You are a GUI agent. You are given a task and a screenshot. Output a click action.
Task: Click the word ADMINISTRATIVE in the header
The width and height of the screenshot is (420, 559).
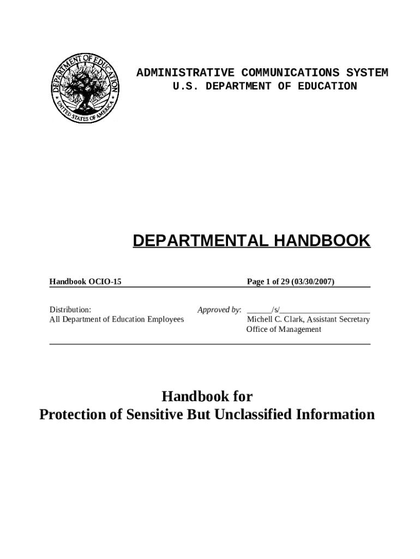[x=185, y=73]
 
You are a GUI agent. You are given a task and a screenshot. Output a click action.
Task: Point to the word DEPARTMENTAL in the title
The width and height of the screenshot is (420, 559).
[x=199, y=241]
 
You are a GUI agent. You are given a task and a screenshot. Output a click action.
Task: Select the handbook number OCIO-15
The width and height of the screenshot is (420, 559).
[x=104, y=282]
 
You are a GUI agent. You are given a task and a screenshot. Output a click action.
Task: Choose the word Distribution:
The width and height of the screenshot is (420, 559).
[x=70, y=310]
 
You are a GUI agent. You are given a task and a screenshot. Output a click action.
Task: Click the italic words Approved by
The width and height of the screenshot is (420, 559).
[x=219, y=310]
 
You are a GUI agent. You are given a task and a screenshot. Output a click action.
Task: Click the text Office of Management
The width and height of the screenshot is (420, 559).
[x=284, y=329]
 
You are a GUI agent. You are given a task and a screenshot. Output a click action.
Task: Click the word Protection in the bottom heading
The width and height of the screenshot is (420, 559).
[x=73, y=414]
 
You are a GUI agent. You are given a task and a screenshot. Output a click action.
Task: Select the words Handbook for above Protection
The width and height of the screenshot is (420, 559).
[x=207, y=396]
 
